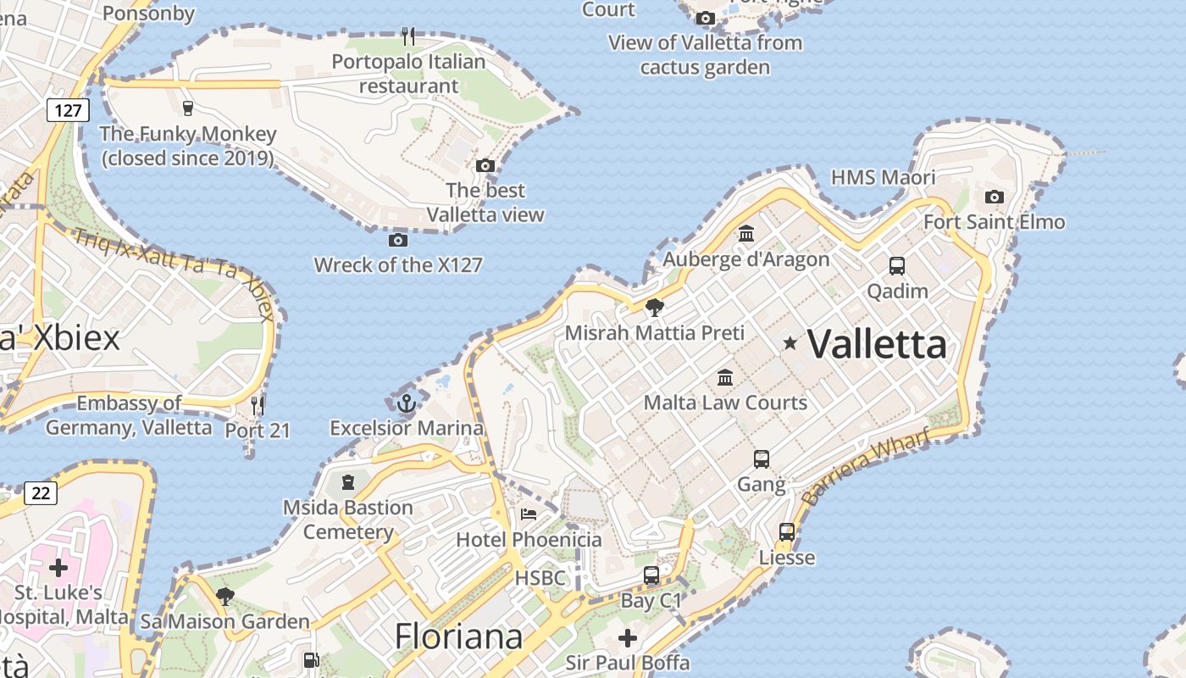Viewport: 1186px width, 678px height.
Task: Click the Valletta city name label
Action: coord(877,344)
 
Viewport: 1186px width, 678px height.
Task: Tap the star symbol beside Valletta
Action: coord(790,342)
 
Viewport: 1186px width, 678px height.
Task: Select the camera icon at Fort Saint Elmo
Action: coord(995,197)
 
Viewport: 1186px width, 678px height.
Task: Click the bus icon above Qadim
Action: coord(897,266)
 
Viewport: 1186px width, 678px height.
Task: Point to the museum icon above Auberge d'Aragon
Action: coord(746,233)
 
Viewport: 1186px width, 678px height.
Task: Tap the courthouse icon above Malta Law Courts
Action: coord(725,377)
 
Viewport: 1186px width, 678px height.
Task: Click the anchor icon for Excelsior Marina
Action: coord(406,403)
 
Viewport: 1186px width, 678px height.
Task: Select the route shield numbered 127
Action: coord(68,109)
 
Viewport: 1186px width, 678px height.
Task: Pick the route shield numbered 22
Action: coord(41,492)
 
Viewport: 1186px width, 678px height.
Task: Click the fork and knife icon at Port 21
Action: coord(258,405)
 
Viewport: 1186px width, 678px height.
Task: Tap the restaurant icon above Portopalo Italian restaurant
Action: coord(408,36)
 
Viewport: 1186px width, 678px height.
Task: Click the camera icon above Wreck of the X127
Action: coord(398,241)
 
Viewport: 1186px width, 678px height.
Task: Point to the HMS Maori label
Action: coord(883,177)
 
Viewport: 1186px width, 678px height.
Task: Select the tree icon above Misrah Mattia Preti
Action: coord(654,307)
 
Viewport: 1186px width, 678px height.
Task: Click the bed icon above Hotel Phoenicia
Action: coord(529,514)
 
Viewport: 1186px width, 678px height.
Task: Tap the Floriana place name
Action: coord(458,636)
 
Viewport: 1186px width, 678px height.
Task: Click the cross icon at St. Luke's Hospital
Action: coord(58,567)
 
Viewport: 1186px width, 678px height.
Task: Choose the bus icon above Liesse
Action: coord(787,532)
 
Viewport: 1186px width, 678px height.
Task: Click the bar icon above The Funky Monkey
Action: coord(188,108)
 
